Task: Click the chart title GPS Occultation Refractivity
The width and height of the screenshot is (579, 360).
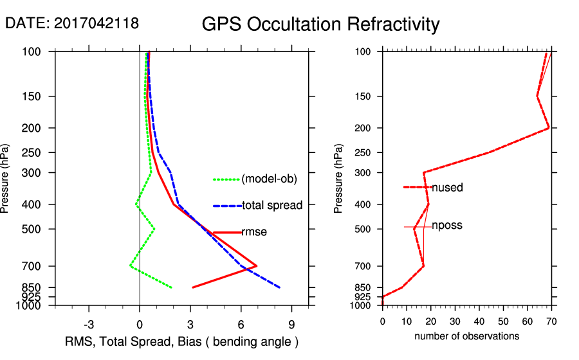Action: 320,24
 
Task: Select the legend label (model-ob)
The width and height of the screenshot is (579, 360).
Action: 269,179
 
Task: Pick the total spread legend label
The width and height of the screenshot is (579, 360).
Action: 272,206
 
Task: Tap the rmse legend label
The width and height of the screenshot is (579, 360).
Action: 254,232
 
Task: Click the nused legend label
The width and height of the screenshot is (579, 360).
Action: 447,188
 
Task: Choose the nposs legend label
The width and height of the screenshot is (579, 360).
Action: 447,226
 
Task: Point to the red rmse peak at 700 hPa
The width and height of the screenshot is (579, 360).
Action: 257,265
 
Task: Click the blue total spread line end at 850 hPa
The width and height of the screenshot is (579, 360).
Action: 280,287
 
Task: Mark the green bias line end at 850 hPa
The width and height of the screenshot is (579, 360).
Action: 172,287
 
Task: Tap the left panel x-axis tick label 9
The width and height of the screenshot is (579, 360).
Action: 291,324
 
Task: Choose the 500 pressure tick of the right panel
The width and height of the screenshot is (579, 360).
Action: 362,229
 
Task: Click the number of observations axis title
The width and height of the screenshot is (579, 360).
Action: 466,336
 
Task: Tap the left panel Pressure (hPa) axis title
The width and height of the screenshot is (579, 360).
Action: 6,178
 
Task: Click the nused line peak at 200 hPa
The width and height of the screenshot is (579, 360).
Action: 549,128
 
